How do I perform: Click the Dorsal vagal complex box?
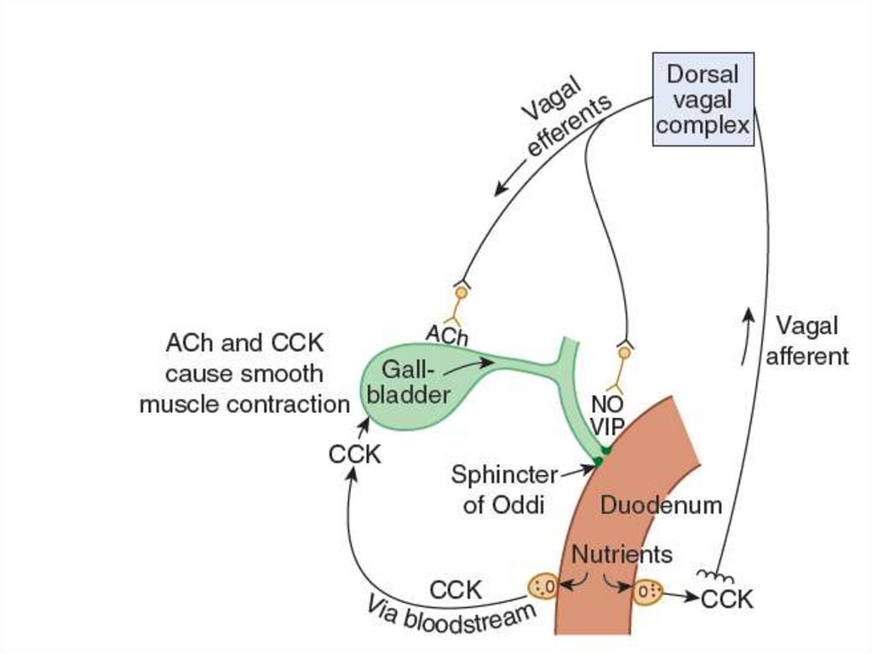click(703, 100)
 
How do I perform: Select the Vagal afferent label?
click(806, 341)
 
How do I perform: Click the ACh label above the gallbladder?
click(447, 335)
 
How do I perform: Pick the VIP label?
click(608, 427)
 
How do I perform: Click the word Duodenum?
click(661, 505)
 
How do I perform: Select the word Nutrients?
click(622, 554)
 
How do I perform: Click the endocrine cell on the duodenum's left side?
click(543, 586)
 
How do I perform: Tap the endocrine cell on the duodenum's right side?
click(647, 591)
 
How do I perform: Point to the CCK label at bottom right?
click(727, 599)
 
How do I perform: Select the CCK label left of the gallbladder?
click(354, 455)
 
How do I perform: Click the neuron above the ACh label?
click(461, 295)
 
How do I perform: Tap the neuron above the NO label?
click(624, 352)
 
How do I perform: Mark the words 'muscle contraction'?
click(244, 404)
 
